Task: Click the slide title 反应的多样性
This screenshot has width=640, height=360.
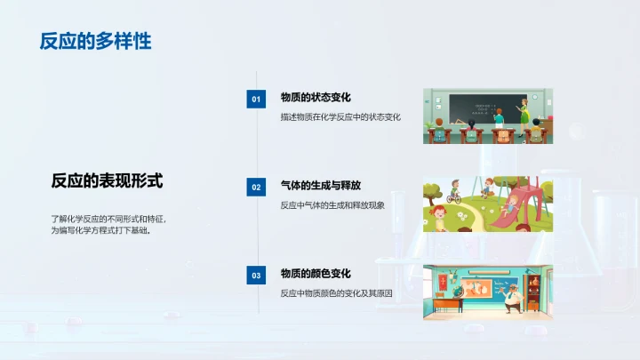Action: coord(95,41)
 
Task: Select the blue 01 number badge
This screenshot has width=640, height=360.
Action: coord(256,100)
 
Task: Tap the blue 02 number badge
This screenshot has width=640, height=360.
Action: coord(256,188)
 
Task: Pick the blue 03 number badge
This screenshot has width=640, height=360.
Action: coord(256,276)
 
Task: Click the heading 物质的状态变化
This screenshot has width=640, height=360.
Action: coord(315,98)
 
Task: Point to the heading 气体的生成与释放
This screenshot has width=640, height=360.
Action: coord(320,186)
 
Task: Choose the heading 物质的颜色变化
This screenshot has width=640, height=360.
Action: coord(315,274)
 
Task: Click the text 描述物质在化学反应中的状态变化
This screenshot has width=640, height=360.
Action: coord(340,116)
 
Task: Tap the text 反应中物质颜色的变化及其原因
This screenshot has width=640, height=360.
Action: coord(336,292)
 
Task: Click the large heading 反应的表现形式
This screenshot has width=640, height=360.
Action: coord(107,180)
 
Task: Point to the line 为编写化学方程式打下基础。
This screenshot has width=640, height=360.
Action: coord(100,230)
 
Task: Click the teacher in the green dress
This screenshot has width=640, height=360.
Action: coord(524,111)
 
